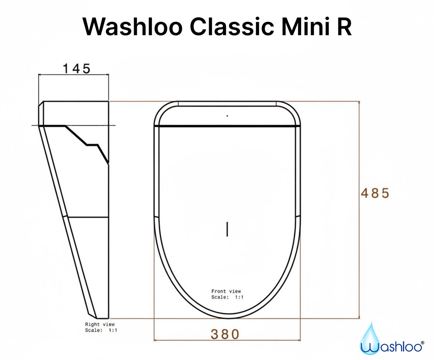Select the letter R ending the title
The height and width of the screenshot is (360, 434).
coord(344,27)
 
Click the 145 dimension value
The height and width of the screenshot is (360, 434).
coord(77,68)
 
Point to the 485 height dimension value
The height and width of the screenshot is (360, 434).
coord(375,193)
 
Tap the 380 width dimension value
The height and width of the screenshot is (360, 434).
coord(225,334)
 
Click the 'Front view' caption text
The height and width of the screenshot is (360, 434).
coord(226,291)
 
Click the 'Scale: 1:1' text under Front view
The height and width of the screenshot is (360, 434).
coord(227,297)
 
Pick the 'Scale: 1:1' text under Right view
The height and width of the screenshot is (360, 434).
coord(101,330)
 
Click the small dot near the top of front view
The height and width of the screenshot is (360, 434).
coord(227,116)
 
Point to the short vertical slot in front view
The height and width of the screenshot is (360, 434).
coord(227,229)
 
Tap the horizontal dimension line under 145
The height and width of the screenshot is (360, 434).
coord(73,75)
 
